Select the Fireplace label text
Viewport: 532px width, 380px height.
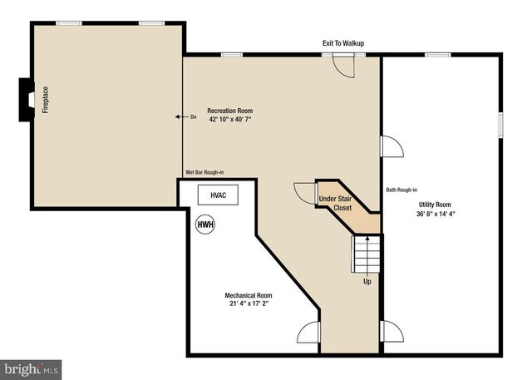click(46, 99)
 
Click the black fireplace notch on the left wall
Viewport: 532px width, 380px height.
click(26, 98)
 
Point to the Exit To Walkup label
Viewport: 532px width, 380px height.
click(343, 43)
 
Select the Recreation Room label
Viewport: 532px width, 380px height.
click(230, 111)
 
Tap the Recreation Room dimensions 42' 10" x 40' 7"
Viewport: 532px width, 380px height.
click(230, 120)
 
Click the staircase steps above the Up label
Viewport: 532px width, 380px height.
click(367, 254)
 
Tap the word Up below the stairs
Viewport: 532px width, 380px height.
click(367, 281)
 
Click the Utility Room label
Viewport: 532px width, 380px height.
click(434, 205)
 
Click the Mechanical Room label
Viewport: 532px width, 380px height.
click(248, 295)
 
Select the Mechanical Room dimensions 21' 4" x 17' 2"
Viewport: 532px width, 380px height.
click(248, 304)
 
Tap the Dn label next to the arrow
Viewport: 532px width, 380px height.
click(194, 116)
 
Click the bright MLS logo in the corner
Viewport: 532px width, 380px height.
click(31, 367)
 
